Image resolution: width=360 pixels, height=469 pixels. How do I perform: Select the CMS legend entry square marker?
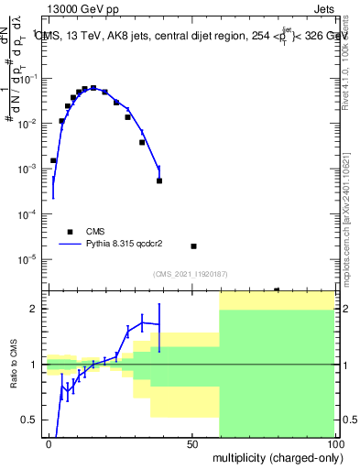click(x=71, y=232)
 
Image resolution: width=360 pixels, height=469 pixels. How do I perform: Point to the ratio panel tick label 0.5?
click(x=32, y=420)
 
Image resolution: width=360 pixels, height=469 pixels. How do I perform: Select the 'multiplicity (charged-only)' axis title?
click(x=274, y=456)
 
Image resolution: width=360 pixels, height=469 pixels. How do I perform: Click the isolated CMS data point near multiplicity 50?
click(x=193, y=246)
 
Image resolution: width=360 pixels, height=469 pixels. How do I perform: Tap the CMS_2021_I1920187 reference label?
click(x=190, y=274)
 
